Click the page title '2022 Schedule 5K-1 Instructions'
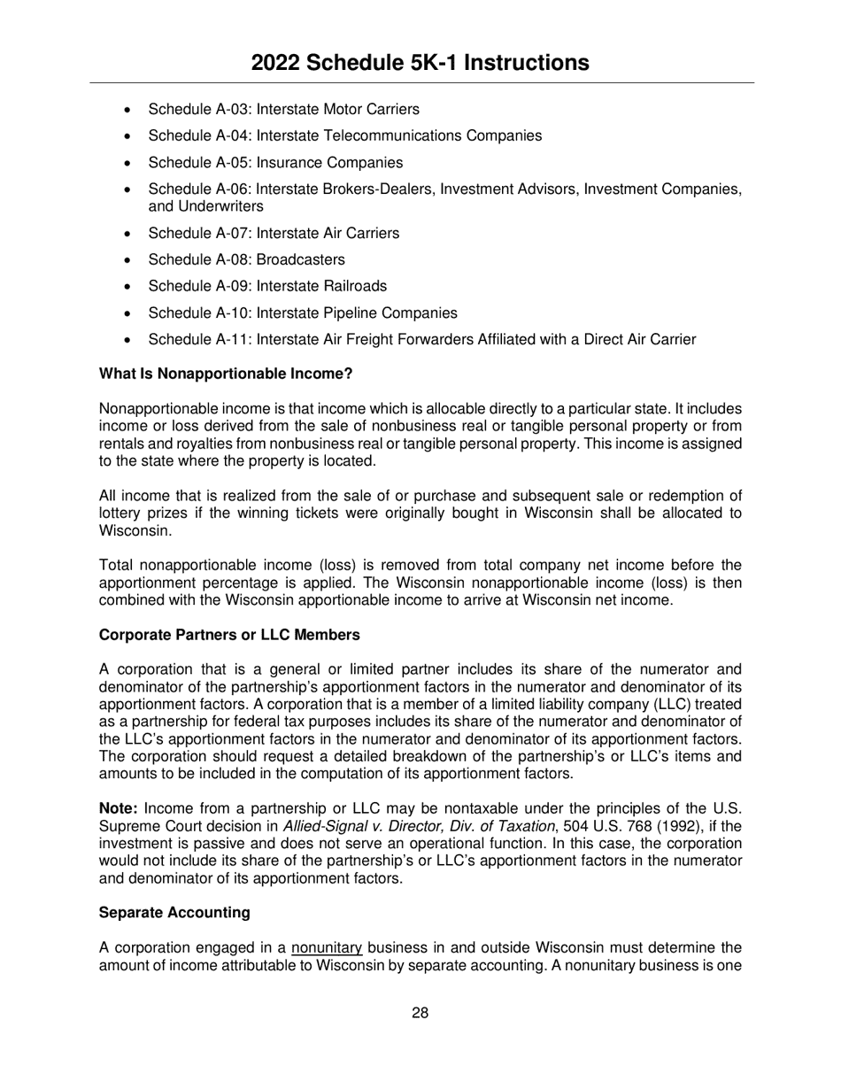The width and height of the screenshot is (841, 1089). point(420,63)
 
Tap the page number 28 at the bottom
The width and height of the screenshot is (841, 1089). point(420,1013)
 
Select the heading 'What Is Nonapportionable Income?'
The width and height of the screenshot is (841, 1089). point(226,374)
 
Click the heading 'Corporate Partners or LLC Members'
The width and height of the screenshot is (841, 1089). point(229,635)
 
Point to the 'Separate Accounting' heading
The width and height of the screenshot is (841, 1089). point(174,912)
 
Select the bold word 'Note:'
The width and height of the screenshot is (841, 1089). point(119,808)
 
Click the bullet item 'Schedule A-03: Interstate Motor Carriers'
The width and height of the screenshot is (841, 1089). point(283,110)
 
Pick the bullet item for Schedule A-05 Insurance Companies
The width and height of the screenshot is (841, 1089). point(274,163)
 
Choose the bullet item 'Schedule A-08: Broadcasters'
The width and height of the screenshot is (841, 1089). point(246,259)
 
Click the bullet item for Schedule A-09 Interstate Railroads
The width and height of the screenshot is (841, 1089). point(266,286)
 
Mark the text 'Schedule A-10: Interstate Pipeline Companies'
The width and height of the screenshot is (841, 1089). point(302,313)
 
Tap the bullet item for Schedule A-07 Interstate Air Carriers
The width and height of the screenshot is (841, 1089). point(273,233)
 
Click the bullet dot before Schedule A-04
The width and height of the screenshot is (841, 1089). point(129,136)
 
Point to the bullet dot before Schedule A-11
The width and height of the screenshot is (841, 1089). point(129,340)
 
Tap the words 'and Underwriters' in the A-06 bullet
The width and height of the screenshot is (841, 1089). point(205,206)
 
